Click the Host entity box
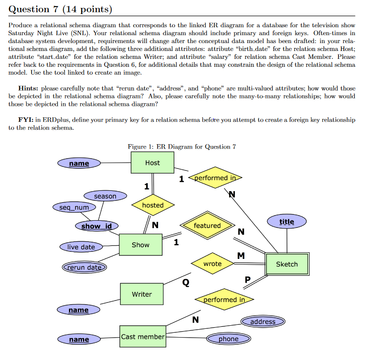pos(152,163)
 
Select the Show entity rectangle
pos(140,245)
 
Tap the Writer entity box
pos(141,294)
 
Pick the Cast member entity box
pos(143,337)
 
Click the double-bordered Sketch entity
pos(287,264)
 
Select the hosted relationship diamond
pos(153,205)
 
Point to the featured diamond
pos(207,225)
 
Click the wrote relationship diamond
pos(212,264)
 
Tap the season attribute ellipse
pos(105,196)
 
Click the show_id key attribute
pos(97,226)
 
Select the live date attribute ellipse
pos(81,247)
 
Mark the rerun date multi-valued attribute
pos(84,267)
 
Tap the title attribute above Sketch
pos(287,222)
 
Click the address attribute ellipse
pos(263,322)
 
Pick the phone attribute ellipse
pos(228,339)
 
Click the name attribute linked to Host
pos(79,164)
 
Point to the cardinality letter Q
pos(186,283)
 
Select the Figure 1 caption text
pos(182,147)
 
